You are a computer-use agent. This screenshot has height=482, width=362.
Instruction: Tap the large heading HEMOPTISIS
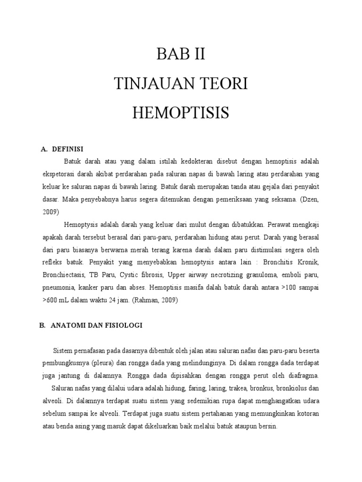pos(181,113)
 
